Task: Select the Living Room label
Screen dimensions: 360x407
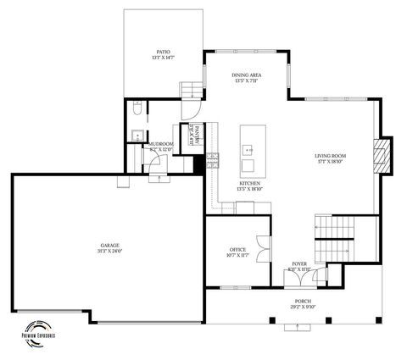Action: (330, 158)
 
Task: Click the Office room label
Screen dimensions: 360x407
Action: (237, 252)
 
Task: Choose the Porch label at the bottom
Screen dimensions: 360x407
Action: (303, 304)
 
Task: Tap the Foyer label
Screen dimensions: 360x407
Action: (299, 267)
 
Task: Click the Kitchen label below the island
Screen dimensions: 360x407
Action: (249, 186)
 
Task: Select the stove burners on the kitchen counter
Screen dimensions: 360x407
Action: (212, 158)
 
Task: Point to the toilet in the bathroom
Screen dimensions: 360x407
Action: (137, 108)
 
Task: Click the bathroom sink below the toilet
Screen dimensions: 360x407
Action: (137, 134)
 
